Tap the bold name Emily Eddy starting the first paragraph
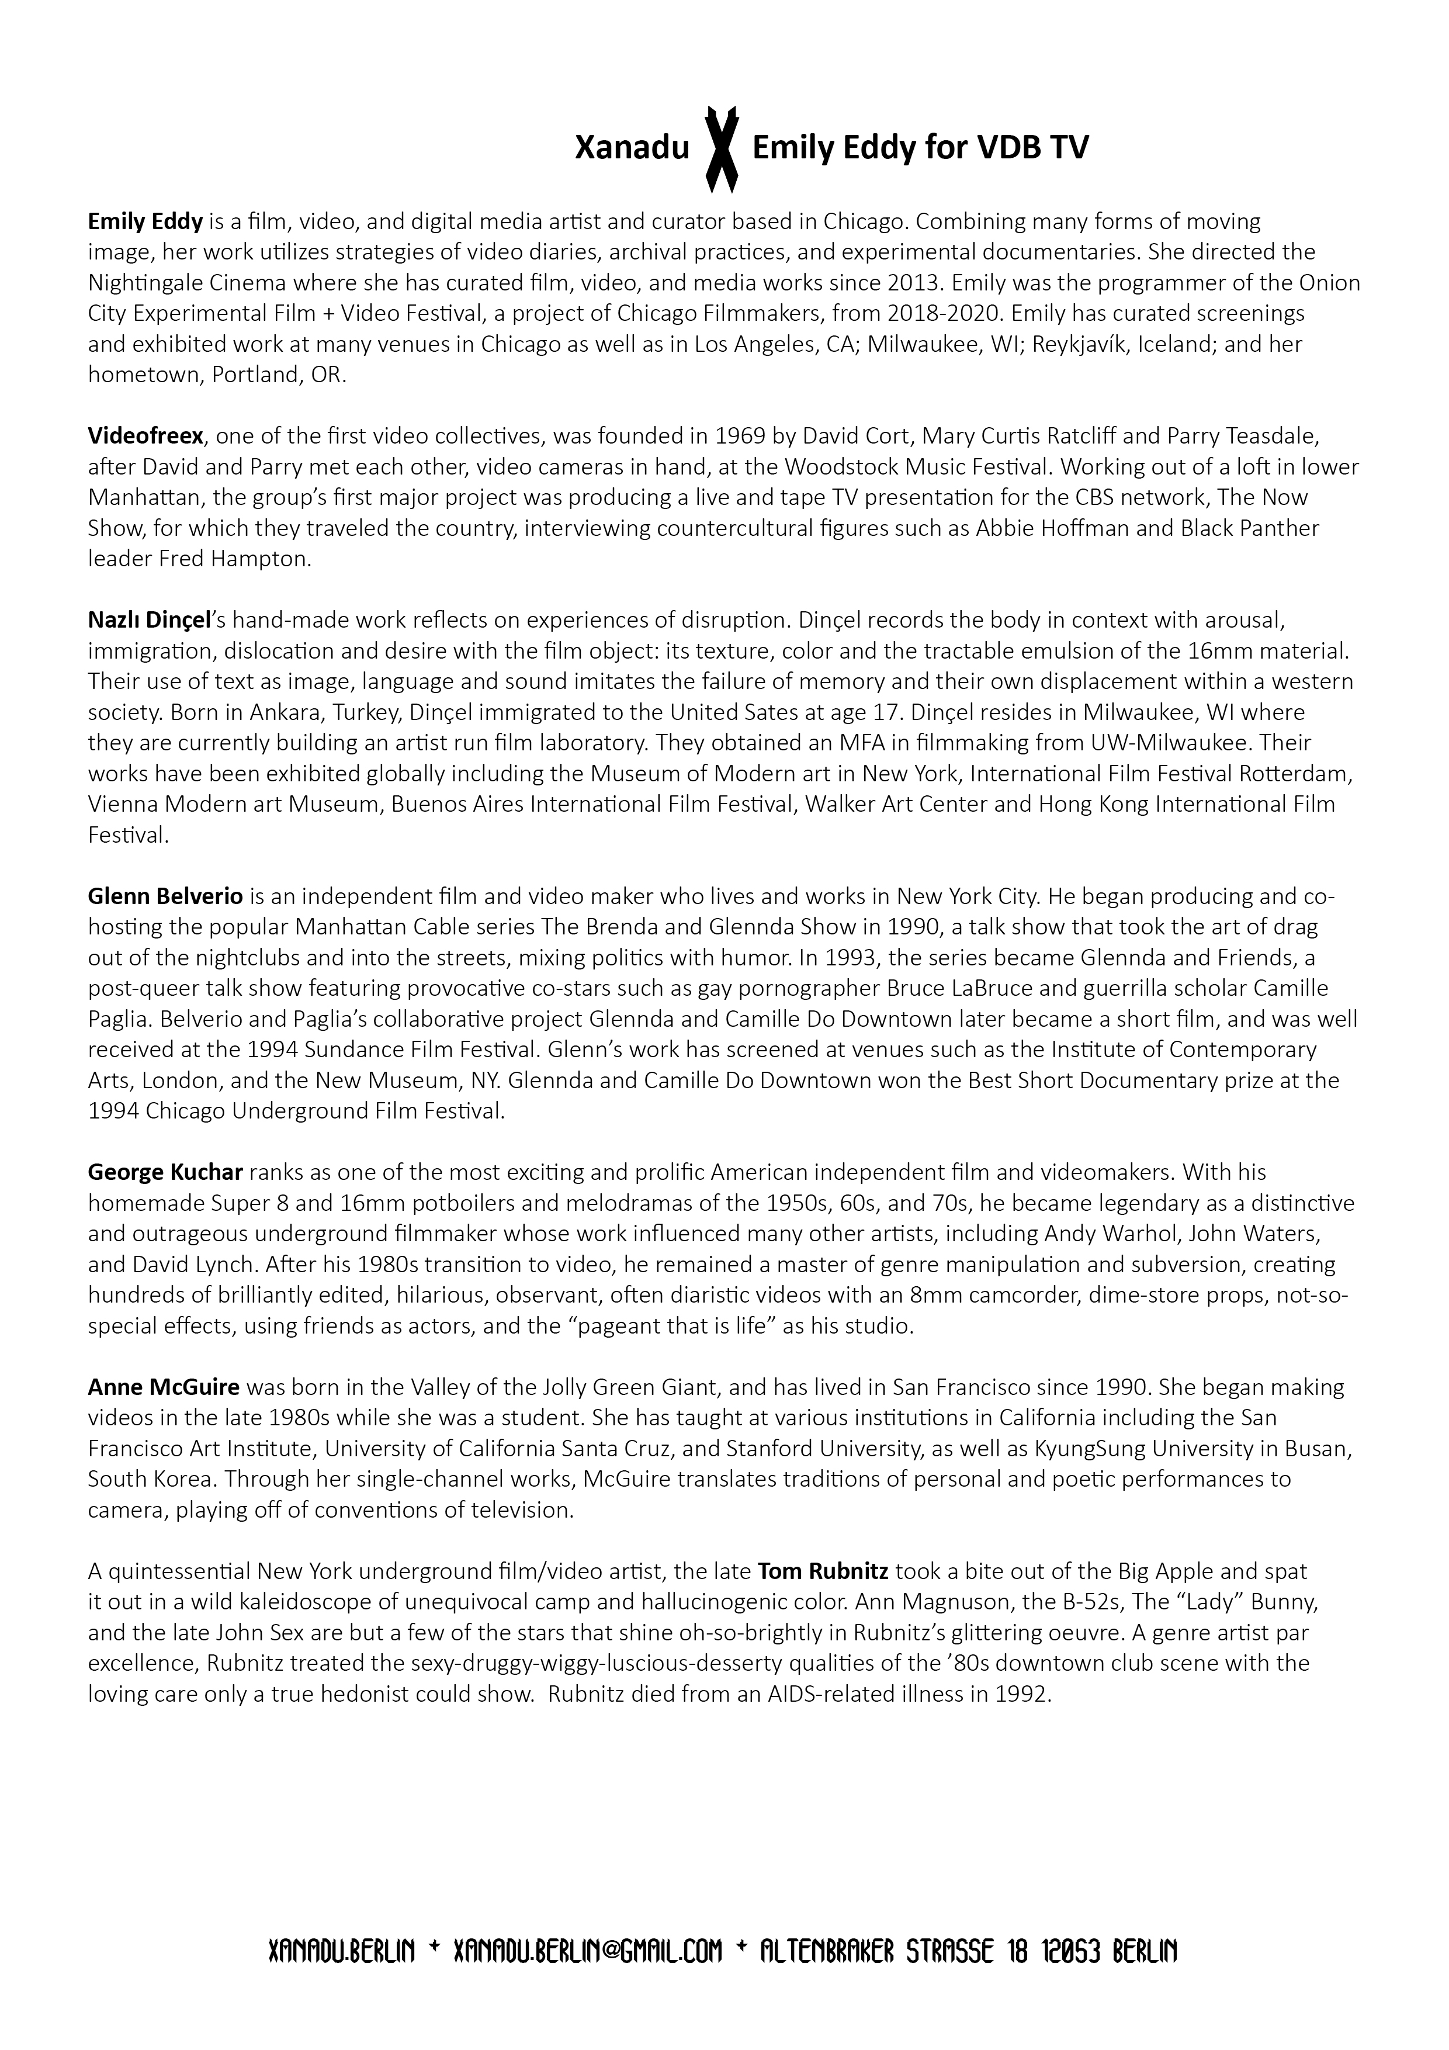pyautogui.click(x=145, y=220)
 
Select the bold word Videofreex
pyautogui.click(x=145, y=436)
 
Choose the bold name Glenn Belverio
pyautogui.click(x=165, y=895)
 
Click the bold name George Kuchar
pyautogui.click(x=165, y=1172)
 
